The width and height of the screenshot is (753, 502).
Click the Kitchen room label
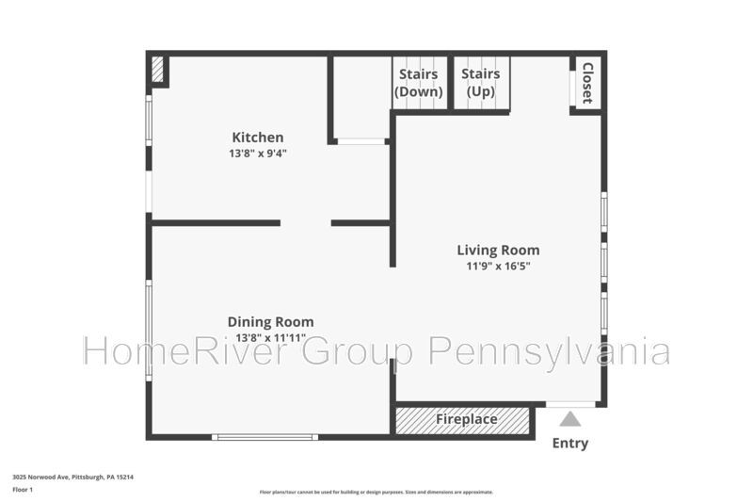(258, 138)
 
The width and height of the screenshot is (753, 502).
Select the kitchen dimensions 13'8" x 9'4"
(258, 154)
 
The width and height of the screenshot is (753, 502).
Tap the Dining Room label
(271, 322)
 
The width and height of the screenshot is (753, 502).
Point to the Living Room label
(498, 251)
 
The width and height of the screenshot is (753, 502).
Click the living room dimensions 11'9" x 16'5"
(499, 267)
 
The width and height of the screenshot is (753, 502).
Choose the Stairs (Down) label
(418, 83)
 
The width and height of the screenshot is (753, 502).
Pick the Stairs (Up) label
(481, 82)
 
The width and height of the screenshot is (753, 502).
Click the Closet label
(587, 83)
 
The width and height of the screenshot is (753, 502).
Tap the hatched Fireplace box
(462, 421)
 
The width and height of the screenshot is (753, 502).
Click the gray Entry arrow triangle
(570, 419)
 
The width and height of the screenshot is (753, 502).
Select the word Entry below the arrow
(570, 443)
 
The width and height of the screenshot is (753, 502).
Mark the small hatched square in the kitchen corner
(157, 70)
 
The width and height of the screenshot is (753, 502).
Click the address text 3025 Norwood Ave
(41, 477)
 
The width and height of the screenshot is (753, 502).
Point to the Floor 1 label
(23, 490)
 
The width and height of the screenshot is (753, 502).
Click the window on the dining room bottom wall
(265, 437)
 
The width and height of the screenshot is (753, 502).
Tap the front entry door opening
(570, 404)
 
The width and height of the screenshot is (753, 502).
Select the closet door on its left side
(572, 88)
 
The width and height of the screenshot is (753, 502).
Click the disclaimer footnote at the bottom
(376, 492)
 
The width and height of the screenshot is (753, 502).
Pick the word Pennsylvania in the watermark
(549, 352)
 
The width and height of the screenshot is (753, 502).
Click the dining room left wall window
(149, 331)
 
